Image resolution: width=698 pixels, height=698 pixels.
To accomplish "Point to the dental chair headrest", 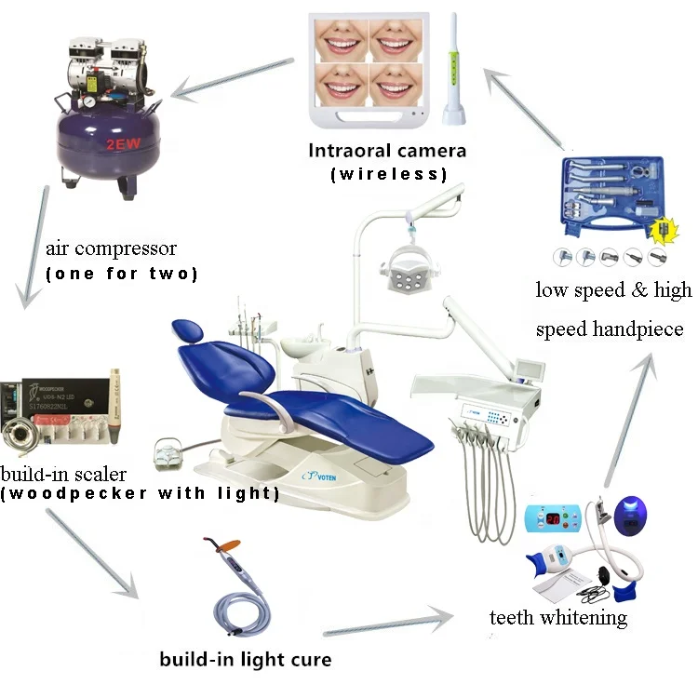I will click(x=186, y=330).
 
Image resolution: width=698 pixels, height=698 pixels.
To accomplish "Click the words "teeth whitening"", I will click(x=558, y=617).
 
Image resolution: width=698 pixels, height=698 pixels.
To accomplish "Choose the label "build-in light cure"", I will click(x=245, y=661).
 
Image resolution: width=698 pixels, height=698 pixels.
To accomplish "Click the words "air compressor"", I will click(x=111, y=249).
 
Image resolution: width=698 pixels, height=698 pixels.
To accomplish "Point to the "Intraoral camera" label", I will click(x=387, y=150).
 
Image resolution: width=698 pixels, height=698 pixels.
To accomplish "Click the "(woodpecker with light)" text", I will click(x=140, y=493).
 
